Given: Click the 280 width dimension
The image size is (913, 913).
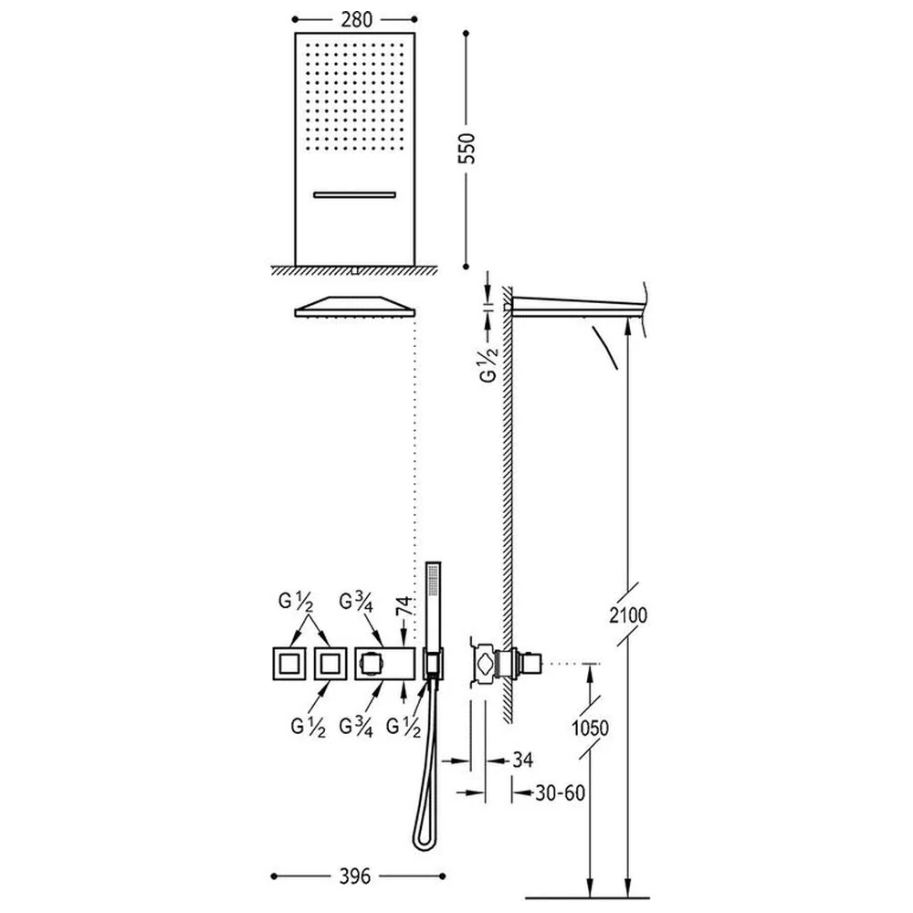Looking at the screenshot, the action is point(356,20).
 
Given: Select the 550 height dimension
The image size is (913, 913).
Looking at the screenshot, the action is point(467,149).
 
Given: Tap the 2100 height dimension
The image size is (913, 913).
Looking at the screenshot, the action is point(628,614).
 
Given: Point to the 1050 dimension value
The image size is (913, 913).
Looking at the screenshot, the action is point(590,728).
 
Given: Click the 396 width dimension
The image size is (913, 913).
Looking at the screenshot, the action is point(354,876).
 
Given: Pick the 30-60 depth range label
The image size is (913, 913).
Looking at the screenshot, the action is point(560,792).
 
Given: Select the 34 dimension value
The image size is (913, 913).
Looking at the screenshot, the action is point(522,760).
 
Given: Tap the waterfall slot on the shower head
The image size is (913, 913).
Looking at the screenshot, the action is point(354,195).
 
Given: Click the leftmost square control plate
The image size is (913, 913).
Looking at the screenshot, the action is point(289,663).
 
